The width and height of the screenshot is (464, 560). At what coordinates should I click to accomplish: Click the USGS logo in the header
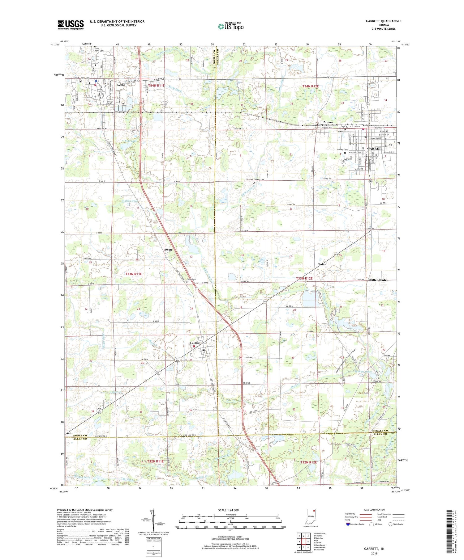pos(70,25)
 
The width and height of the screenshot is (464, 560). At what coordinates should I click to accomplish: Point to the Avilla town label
pos(121,85)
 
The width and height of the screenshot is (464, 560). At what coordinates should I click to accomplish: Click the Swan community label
pos(168,250)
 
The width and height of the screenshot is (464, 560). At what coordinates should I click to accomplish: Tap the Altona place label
pos(328,122)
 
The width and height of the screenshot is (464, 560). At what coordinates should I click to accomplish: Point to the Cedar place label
pos(321,264)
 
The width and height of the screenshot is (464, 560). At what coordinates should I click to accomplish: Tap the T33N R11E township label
pos(133,274)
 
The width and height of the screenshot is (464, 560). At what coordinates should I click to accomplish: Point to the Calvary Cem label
pos(340,150)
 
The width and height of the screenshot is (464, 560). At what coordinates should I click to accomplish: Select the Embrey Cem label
pos(259,180)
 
